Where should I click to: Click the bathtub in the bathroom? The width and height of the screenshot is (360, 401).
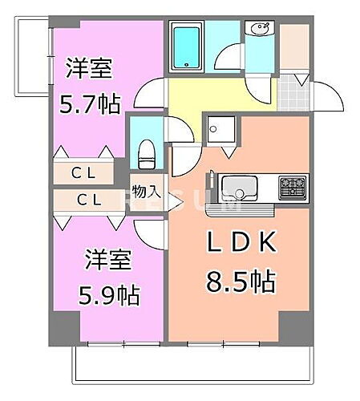pos(187,47)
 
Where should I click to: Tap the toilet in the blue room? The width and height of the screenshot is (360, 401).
pos(146,152)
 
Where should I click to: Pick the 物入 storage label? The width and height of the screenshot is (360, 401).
pos(147,192)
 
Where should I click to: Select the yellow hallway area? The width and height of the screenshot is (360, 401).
pos(208,95)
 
